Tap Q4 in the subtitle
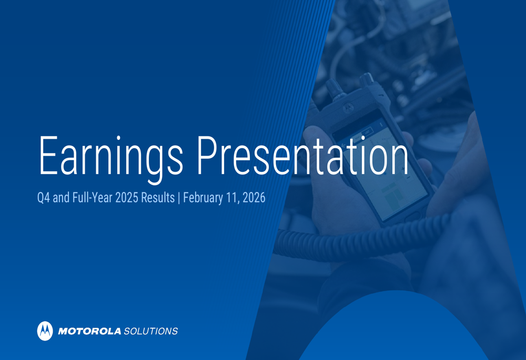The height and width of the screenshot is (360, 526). [x=43, y=199]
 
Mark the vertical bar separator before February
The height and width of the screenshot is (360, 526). [x=179, y=199]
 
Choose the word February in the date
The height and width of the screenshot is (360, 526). [x=203, y=199]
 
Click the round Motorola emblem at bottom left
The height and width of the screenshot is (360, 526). [x=45, y=331]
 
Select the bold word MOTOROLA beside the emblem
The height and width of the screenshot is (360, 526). [x=89, y=331]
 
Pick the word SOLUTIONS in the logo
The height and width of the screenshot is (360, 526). [x=150, y=331]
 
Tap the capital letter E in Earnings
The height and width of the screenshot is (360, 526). [x=47, y=156]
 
